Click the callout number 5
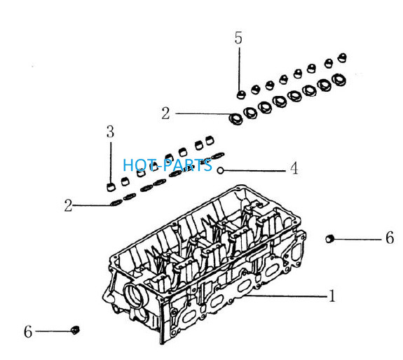click(x=238, y=38)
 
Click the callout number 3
click(x=110, y=132)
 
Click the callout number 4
click(x=294, y=169)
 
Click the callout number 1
click(x=332, y=296)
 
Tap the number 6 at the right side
click(x=390, y=237)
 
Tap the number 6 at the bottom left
click(x=28, y=331)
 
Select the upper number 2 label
click(x=166, y=113)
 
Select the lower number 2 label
click(x=69, y=205)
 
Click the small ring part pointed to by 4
click(x=221, y=170)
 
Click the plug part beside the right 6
click(x=329, y=239)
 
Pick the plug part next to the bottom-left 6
click(x=75, y=330)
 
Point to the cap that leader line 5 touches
click(x=241, y=95)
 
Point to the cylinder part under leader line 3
click(x=111, y=187)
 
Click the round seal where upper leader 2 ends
click(x=235, y=119)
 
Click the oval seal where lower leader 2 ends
click(x=116, y=203)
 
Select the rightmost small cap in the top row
click(x=342, y=57)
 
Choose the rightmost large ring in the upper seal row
click(x=339, y=80)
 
